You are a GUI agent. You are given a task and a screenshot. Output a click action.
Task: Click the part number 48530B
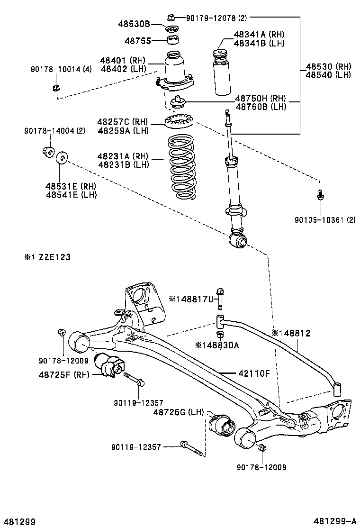[134, 23]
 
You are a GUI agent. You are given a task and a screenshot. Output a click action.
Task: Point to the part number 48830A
[219, 345]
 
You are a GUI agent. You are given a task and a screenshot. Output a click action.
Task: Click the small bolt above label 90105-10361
[321, 194]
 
